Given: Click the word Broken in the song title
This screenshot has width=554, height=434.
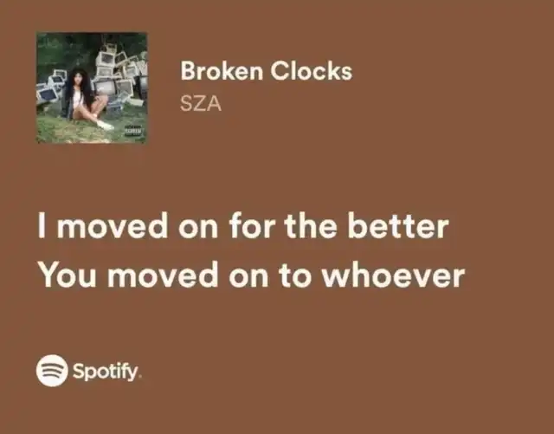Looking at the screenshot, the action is coord(222,71).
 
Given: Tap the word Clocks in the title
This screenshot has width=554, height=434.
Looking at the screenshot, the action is coord(312,71).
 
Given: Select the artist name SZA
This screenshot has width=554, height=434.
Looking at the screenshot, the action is coord(201,104).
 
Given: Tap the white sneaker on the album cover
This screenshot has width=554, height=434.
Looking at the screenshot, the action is coord(105,125).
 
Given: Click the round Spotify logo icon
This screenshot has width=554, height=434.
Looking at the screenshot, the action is coord(52,371).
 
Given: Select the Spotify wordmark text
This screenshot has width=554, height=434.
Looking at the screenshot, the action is coord(106,372).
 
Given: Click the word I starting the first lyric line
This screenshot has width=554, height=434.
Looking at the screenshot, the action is coord(42,225).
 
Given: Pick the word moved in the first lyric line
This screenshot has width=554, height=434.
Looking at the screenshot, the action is coord(113,225).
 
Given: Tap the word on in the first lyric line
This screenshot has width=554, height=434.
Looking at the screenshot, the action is coord(198,229).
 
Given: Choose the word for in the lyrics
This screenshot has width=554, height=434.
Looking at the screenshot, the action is coord(252,225).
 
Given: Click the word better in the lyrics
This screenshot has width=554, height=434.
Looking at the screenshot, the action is coord(398,225).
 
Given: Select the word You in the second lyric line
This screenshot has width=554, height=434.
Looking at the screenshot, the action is coord(68,275).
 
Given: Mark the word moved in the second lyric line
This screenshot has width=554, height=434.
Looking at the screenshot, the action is coord(163,275).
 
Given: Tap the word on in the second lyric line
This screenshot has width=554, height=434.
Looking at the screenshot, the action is coord(248,278).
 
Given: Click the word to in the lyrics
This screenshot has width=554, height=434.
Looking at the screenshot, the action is coord(295,275).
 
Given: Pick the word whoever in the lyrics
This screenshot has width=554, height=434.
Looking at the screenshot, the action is coord(393,275).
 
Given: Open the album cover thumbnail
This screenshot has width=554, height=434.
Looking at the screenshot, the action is coord(92,87).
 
